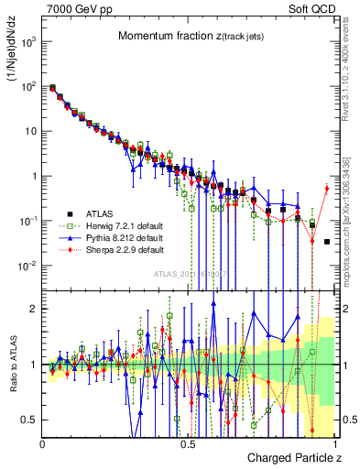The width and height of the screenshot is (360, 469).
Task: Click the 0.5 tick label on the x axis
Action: pyautogui.click(x=188, y=442)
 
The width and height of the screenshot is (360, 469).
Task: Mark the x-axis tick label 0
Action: pyautogui.click(x=43, y=442)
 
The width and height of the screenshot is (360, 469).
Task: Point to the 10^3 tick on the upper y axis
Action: pyautogui.click(x=30, y=42)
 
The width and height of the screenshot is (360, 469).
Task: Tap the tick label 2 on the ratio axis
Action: pyautogui.click(x=35, y=309)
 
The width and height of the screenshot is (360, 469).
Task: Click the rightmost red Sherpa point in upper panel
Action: pyautogui.click(x=326, y=189)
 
